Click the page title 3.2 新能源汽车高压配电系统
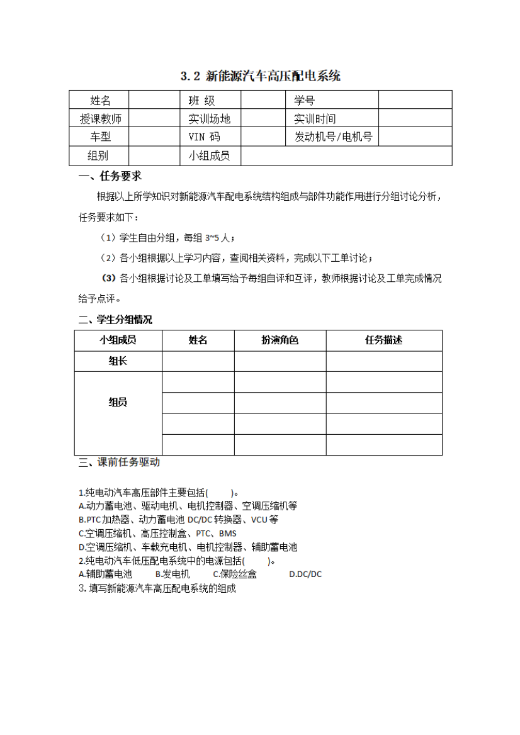tap(260, 76)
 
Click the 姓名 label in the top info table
tap(100, 100)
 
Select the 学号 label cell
tap(305, 100)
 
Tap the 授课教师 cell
tap(100, 118)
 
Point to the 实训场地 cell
tap(210, 118)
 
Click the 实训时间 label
tap(315, 118)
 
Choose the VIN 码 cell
tap(205, 137)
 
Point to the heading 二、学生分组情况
tap(115, 320)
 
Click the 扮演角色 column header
tap(280, 340)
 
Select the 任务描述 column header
tap(383, 340)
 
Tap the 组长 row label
tap(118, 361)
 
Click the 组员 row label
tap(118, 402)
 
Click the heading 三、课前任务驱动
tap(119, 463)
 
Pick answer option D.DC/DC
tap(305, 574)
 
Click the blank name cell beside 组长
tap(198, 361)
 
